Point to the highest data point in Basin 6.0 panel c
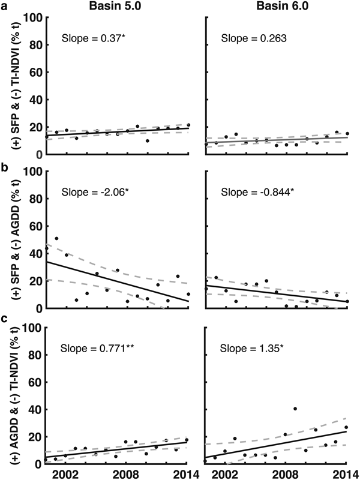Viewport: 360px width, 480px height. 295,409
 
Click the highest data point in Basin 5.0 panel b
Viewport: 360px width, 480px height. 56,239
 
